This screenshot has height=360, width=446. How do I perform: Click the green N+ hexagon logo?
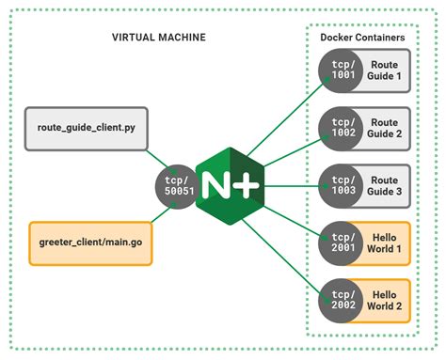pyautogui.click(x=227, y=181)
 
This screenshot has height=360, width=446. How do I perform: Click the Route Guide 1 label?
pyautogui.click(x=384, y=71)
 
